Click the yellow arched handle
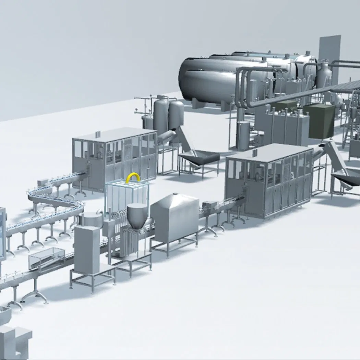tap(133, 178)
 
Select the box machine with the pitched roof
tap(175, 216)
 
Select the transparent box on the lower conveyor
tap(47, 257)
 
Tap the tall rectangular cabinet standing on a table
tap(86, 249)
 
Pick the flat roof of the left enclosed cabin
tap(114, 134)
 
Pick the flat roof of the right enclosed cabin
tap(269, 152)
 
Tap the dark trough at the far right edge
tap(346, 180)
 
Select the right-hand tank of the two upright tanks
tap(176, 115)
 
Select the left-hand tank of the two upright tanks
tap(160, 117)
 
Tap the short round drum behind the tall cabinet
tap(92, 219)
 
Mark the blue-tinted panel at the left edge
tap(3, 233)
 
